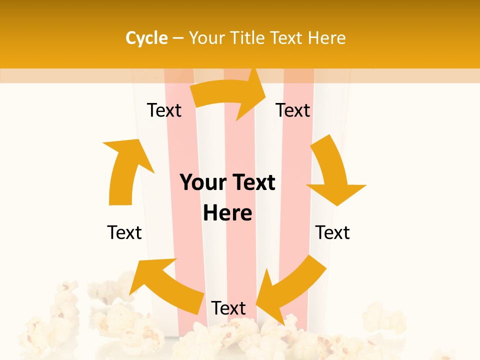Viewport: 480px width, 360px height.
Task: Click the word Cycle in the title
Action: (x=146, y=38)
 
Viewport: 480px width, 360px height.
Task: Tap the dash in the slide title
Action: (x=178, y=38)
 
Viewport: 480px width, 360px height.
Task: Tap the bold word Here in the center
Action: (x=227, y=213)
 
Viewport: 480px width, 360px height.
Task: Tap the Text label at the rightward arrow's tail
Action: (x=164, y=110)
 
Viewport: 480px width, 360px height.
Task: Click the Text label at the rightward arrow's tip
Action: (x=293, y=110)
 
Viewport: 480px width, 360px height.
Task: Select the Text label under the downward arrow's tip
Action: (x=332, y=232)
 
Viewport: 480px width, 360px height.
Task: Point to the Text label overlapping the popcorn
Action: (x=228, y=308)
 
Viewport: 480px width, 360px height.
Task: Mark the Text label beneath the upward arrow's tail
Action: (x=124, y=232)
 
